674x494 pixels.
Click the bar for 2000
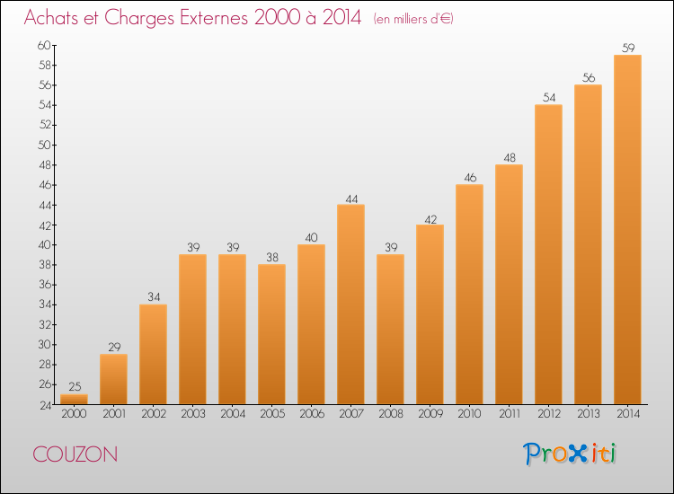click(74, 399)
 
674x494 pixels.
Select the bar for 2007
click(350, 304)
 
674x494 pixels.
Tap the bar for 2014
click(627, 229)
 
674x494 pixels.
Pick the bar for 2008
click(390, 329)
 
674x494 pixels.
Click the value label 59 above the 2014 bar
click(628, 48)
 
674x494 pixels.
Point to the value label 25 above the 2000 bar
click(75, 386)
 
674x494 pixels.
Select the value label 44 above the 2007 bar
click(351, 198)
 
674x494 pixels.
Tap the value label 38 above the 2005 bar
click(272, 257)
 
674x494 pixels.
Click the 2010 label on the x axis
click(469, 413)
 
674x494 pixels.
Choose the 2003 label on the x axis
click(193, 413)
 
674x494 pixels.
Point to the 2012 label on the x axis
click(549, 413)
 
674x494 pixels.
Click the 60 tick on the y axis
click(44, 45)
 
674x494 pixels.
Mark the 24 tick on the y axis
click(46, 405)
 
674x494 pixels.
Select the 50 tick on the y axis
click(44, 145)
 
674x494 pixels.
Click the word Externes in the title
click(214, 17)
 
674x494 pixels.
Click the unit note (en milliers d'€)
click(413, 19)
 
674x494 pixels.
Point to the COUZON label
click(75, 454)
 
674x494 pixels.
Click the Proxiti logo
click(570, 454)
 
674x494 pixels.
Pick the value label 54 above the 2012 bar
click(549, 98)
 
